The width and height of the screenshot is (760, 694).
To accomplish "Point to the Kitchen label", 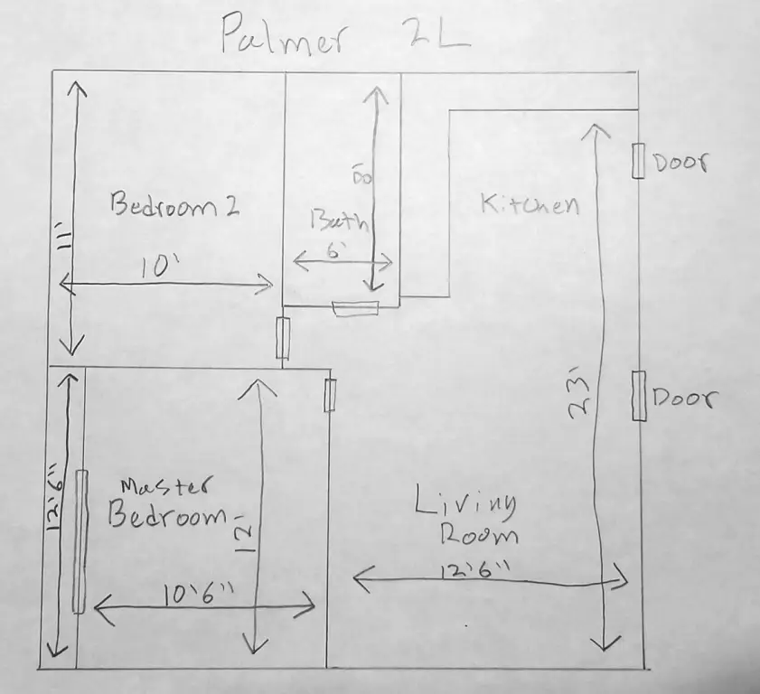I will coord(529,204).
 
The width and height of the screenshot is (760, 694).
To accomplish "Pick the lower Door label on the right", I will coord(684,399).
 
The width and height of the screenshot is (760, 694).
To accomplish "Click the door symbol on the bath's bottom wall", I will coord(354,309).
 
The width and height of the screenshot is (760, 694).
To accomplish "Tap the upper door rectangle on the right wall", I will coord(638,161).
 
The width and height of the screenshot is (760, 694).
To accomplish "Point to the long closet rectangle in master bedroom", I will coord(80,541).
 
